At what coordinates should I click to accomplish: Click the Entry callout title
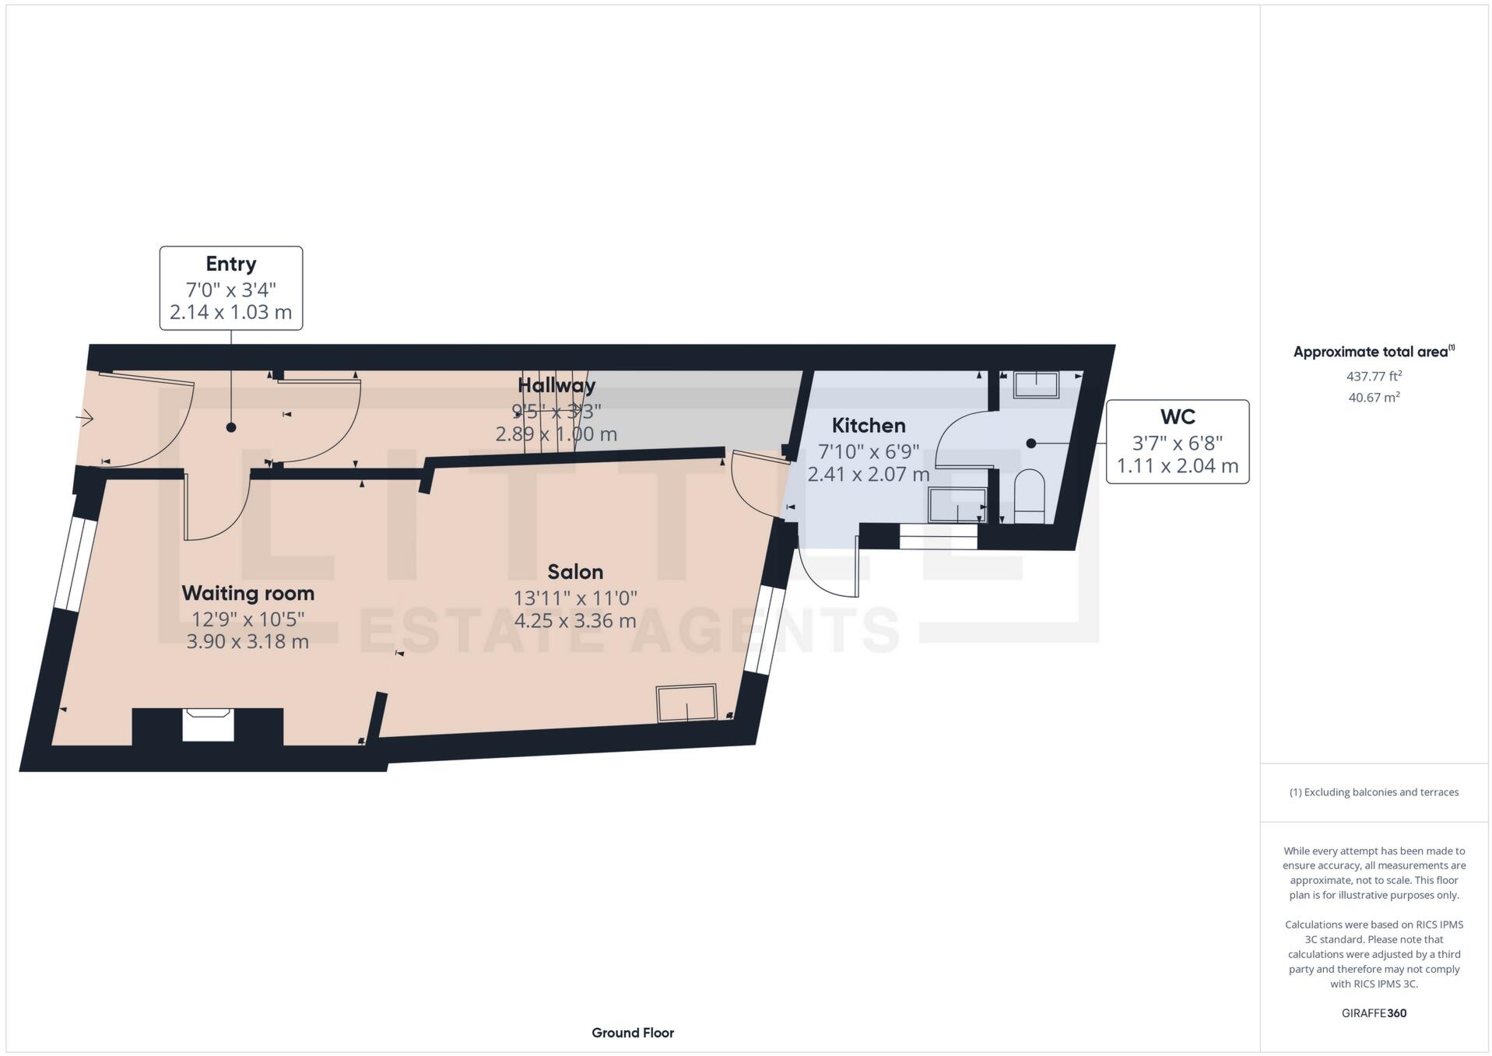(230, 264)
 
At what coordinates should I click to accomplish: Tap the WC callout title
(1177, 417)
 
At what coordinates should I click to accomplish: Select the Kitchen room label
(868, 426)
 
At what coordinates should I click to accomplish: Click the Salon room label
(575, 572)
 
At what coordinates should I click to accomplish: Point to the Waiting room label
(247, 593)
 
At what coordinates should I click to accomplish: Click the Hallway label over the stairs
(556, 385)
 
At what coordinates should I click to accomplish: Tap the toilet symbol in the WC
(1029, 495)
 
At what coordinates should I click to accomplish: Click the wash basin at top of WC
(1036, 385)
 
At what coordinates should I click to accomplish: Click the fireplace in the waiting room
(208, 724)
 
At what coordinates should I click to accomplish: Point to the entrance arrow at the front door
(85, 419)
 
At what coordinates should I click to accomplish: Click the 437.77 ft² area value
(1374, 376)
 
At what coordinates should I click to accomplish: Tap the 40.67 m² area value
(1374, 397)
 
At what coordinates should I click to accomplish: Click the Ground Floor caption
(632, 1033)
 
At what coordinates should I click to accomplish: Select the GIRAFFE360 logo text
(1374, 1013)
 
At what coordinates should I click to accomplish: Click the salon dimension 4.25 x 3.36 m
(575, 621)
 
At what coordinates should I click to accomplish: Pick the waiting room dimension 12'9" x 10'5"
(247, 619)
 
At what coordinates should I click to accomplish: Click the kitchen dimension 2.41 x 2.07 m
(868, 474)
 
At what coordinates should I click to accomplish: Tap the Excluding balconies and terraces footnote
(1374, 792)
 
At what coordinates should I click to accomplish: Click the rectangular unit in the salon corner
(686, 703)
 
